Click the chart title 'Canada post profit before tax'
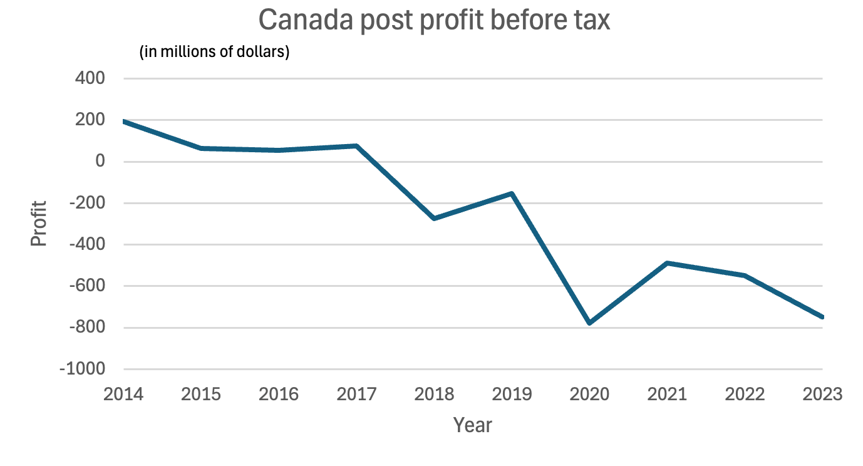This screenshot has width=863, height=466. click(x=434, y=21)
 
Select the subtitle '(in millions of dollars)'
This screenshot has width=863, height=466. click(x=214, y=52)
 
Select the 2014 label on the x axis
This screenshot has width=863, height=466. click(x=124, y=395)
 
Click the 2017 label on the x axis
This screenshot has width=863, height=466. click(x=357, y=395)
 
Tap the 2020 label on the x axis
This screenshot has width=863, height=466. click(x=590, y=395)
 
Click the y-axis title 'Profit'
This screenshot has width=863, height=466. click(x=39, y=224)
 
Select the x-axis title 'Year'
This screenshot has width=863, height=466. click(x=473, y=425)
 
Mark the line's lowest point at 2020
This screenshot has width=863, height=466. click(x=590, y=323)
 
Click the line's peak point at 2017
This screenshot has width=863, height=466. click(x=357, y=146)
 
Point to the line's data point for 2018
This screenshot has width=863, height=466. click(x=435, y=218)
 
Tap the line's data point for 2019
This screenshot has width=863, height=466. click(x=512, y=194)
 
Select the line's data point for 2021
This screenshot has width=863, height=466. click(x=668, y=263)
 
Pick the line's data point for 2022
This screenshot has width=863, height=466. click(x=745, y=276)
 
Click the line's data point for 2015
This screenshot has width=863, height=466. click(x=202, y=148)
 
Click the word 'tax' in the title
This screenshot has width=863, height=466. click(x=588, y=21)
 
